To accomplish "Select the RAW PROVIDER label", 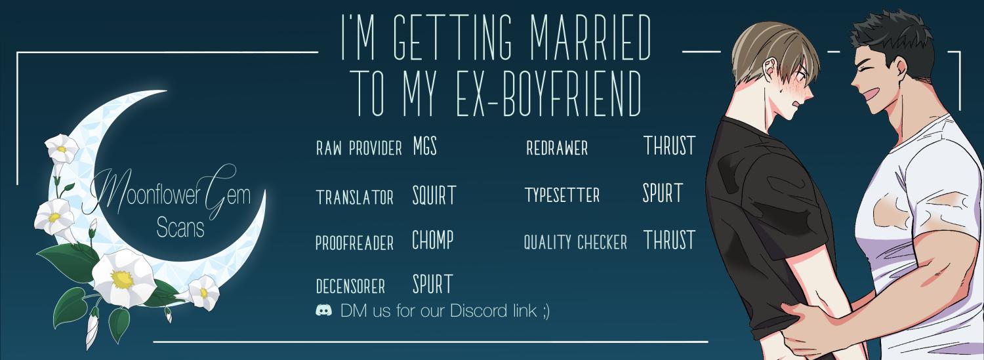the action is coord(359,148).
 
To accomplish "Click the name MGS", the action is coord(425,146).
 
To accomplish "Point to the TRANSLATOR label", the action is coord(354,197).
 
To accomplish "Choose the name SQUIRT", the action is coord(434,196).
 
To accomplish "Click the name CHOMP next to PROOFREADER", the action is coord(433,240).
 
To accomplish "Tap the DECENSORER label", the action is coord(350,287).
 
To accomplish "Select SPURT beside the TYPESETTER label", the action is coord(663,193).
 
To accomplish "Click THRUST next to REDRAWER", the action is coord(670,146).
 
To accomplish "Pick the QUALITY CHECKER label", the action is coord(575,243).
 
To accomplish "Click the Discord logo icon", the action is coord(324,310).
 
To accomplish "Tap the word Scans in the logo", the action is coord(180,228).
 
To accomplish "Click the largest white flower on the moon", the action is coord(123,278).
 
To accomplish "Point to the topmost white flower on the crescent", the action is coord(62,148).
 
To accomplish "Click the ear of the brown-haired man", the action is coord(769,70).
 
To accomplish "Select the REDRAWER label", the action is coord(557,148).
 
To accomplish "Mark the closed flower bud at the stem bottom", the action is coord(92,329).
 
